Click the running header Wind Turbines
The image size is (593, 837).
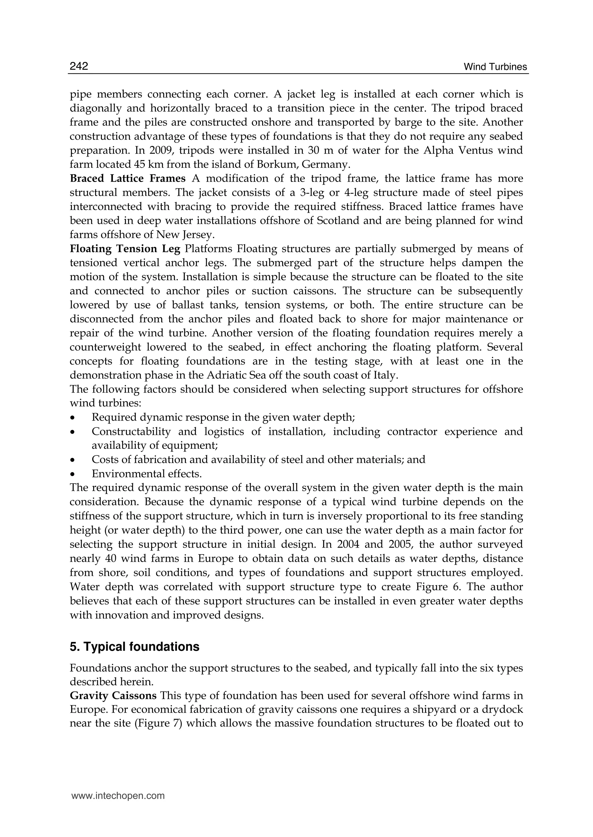point(495,67)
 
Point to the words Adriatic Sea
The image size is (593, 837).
point(231,375)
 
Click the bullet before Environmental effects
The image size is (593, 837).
point(73,474)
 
